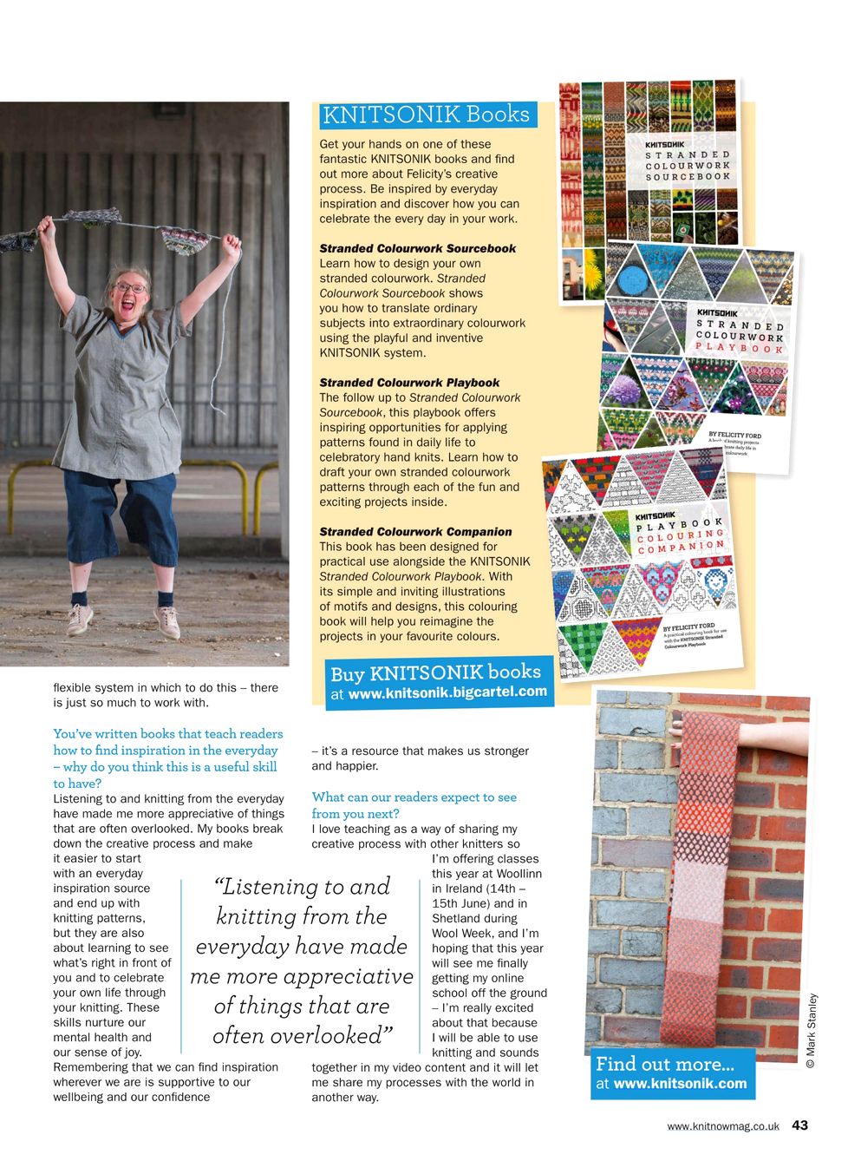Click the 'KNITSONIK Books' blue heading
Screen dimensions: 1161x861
coord(426,115)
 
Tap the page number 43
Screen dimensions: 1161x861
coord(799,1125)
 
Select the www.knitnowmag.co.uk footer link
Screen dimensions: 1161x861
coord(723,1126)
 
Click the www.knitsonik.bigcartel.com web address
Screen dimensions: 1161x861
coord(447,692)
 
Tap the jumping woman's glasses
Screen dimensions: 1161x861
coord(131,288)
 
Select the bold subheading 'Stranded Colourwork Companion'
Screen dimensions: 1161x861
coord(415,532)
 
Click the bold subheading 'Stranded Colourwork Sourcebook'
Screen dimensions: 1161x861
coord(417,248)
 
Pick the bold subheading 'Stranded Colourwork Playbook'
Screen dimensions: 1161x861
coord(409,383)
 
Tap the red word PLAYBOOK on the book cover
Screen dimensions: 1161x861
coord(740,348)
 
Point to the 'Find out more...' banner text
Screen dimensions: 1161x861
coord(665,1064)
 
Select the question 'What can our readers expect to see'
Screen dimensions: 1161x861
coord(414,797)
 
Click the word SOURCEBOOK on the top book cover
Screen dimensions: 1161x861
coord(688,177)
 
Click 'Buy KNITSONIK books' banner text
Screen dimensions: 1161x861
coord(435,672)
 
